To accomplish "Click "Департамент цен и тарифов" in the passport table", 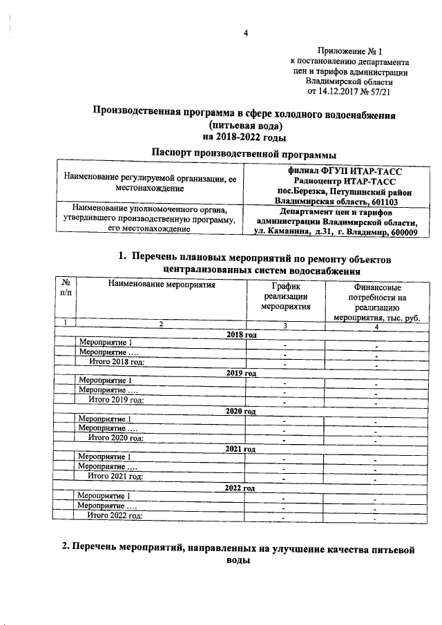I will (336, 212).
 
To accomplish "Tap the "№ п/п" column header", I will (66, 288).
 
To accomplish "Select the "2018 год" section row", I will (242, 335).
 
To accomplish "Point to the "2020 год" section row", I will (242, 411).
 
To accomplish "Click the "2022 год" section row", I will (242, 488).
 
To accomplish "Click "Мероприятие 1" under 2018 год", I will (106, 343).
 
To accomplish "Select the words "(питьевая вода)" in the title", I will (247, 125).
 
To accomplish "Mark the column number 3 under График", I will (285, 325).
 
